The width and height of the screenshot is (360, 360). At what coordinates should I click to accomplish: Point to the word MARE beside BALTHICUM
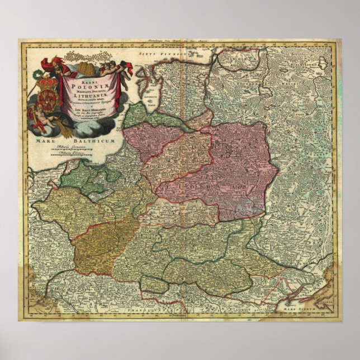point(46,143)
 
